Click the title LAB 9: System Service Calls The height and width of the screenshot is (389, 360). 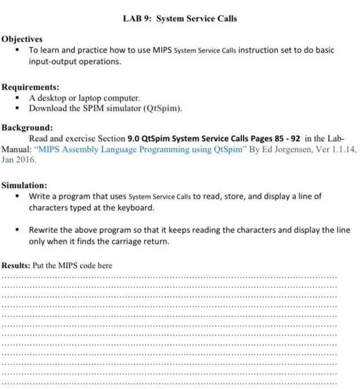pos(179,18)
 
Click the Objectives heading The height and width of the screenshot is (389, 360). pos(22,39)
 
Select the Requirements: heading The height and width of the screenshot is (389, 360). pos(30,87)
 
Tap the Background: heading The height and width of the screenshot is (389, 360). pos(27,127)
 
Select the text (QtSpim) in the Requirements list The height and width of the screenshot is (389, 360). pos(163,109)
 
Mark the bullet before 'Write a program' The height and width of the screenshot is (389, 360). pos(18,196)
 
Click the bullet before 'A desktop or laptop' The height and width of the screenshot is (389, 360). pos(18,98)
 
